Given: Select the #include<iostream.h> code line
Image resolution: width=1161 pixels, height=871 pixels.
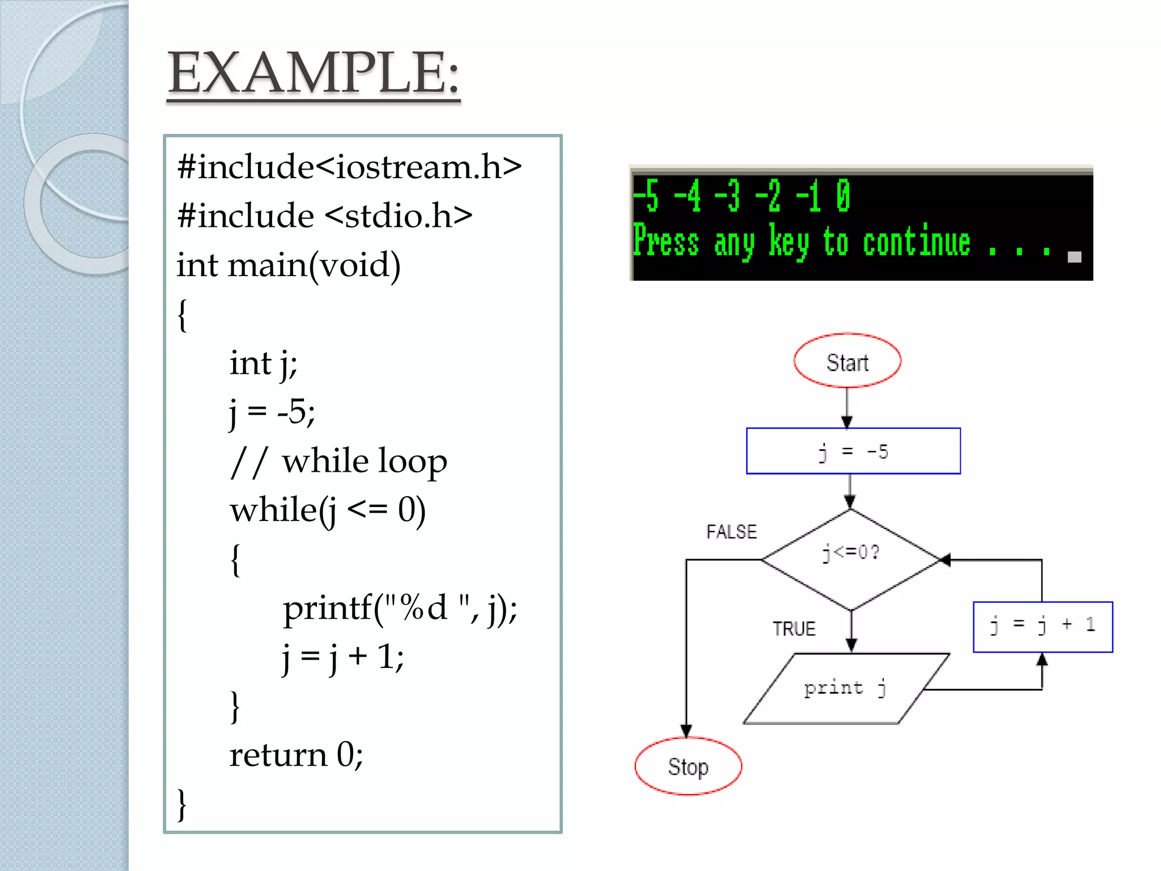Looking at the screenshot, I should pos(349,167).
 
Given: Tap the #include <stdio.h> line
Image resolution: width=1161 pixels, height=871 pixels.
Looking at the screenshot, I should pos(324,216).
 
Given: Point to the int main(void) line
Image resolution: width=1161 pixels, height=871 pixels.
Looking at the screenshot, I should pos(289,265).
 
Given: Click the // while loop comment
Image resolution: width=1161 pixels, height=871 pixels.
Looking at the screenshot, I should pos(338,462).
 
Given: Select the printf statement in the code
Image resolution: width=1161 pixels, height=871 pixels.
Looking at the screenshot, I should pos(400,608).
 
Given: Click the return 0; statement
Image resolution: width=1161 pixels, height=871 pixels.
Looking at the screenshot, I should pos(296,755).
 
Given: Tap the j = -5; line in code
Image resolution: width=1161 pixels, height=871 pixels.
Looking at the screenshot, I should pos(272,412).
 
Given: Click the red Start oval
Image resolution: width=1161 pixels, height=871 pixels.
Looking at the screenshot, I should pos(847,361).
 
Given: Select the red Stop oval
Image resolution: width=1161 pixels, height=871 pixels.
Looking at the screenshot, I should pos(688,767).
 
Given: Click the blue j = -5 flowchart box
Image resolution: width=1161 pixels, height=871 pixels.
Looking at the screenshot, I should pos(853,451).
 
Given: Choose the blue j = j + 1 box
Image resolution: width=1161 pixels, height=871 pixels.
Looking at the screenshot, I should pos(1043,626).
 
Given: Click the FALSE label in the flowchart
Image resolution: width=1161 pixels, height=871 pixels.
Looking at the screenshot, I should pos(731,532).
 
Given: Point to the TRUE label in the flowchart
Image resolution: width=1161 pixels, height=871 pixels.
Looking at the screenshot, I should pos(794,629).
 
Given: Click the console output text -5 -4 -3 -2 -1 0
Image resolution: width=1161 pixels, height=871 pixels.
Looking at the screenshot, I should pos(741,196).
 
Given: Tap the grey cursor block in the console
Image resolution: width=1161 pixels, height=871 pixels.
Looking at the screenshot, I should pos(1074,257).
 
